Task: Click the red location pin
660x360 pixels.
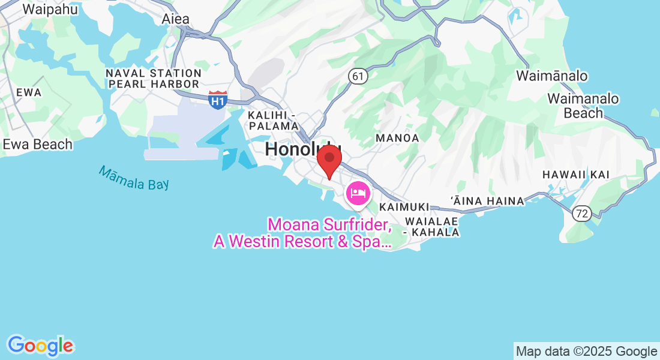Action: click(x=329, y=159)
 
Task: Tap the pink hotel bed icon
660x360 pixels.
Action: click(x=358, y=193)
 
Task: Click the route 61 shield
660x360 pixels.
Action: click(x=358, y=76)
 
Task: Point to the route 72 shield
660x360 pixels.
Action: click(x=581, y=213)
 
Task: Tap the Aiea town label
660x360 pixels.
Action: click(x=175, y=19)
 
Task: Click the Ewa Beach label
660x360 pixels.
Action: click(x=38, y=145)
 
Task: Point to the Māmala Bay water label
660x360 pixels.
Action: click(x=133, y=178)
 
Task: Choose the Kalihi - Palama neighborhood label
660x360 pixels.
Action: click(x=274, y=120)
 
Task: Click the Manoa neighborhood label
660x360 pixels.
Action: click(x=397, y=138)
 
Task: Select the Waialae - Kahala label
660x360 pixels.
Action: click(x=432, y=226)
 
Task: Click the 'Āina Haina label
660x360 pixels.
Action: click(x=487, y=200)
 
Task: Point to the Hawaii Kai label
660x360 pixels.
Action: click(x=575, y=175)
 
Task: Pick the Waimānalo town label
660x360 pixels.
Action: click(x=552, y=76)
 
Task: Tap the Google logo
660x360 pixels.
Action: click(x=40, y=346)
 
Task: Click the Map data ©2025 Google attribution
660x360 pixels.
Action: click(x=586, y=352)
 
